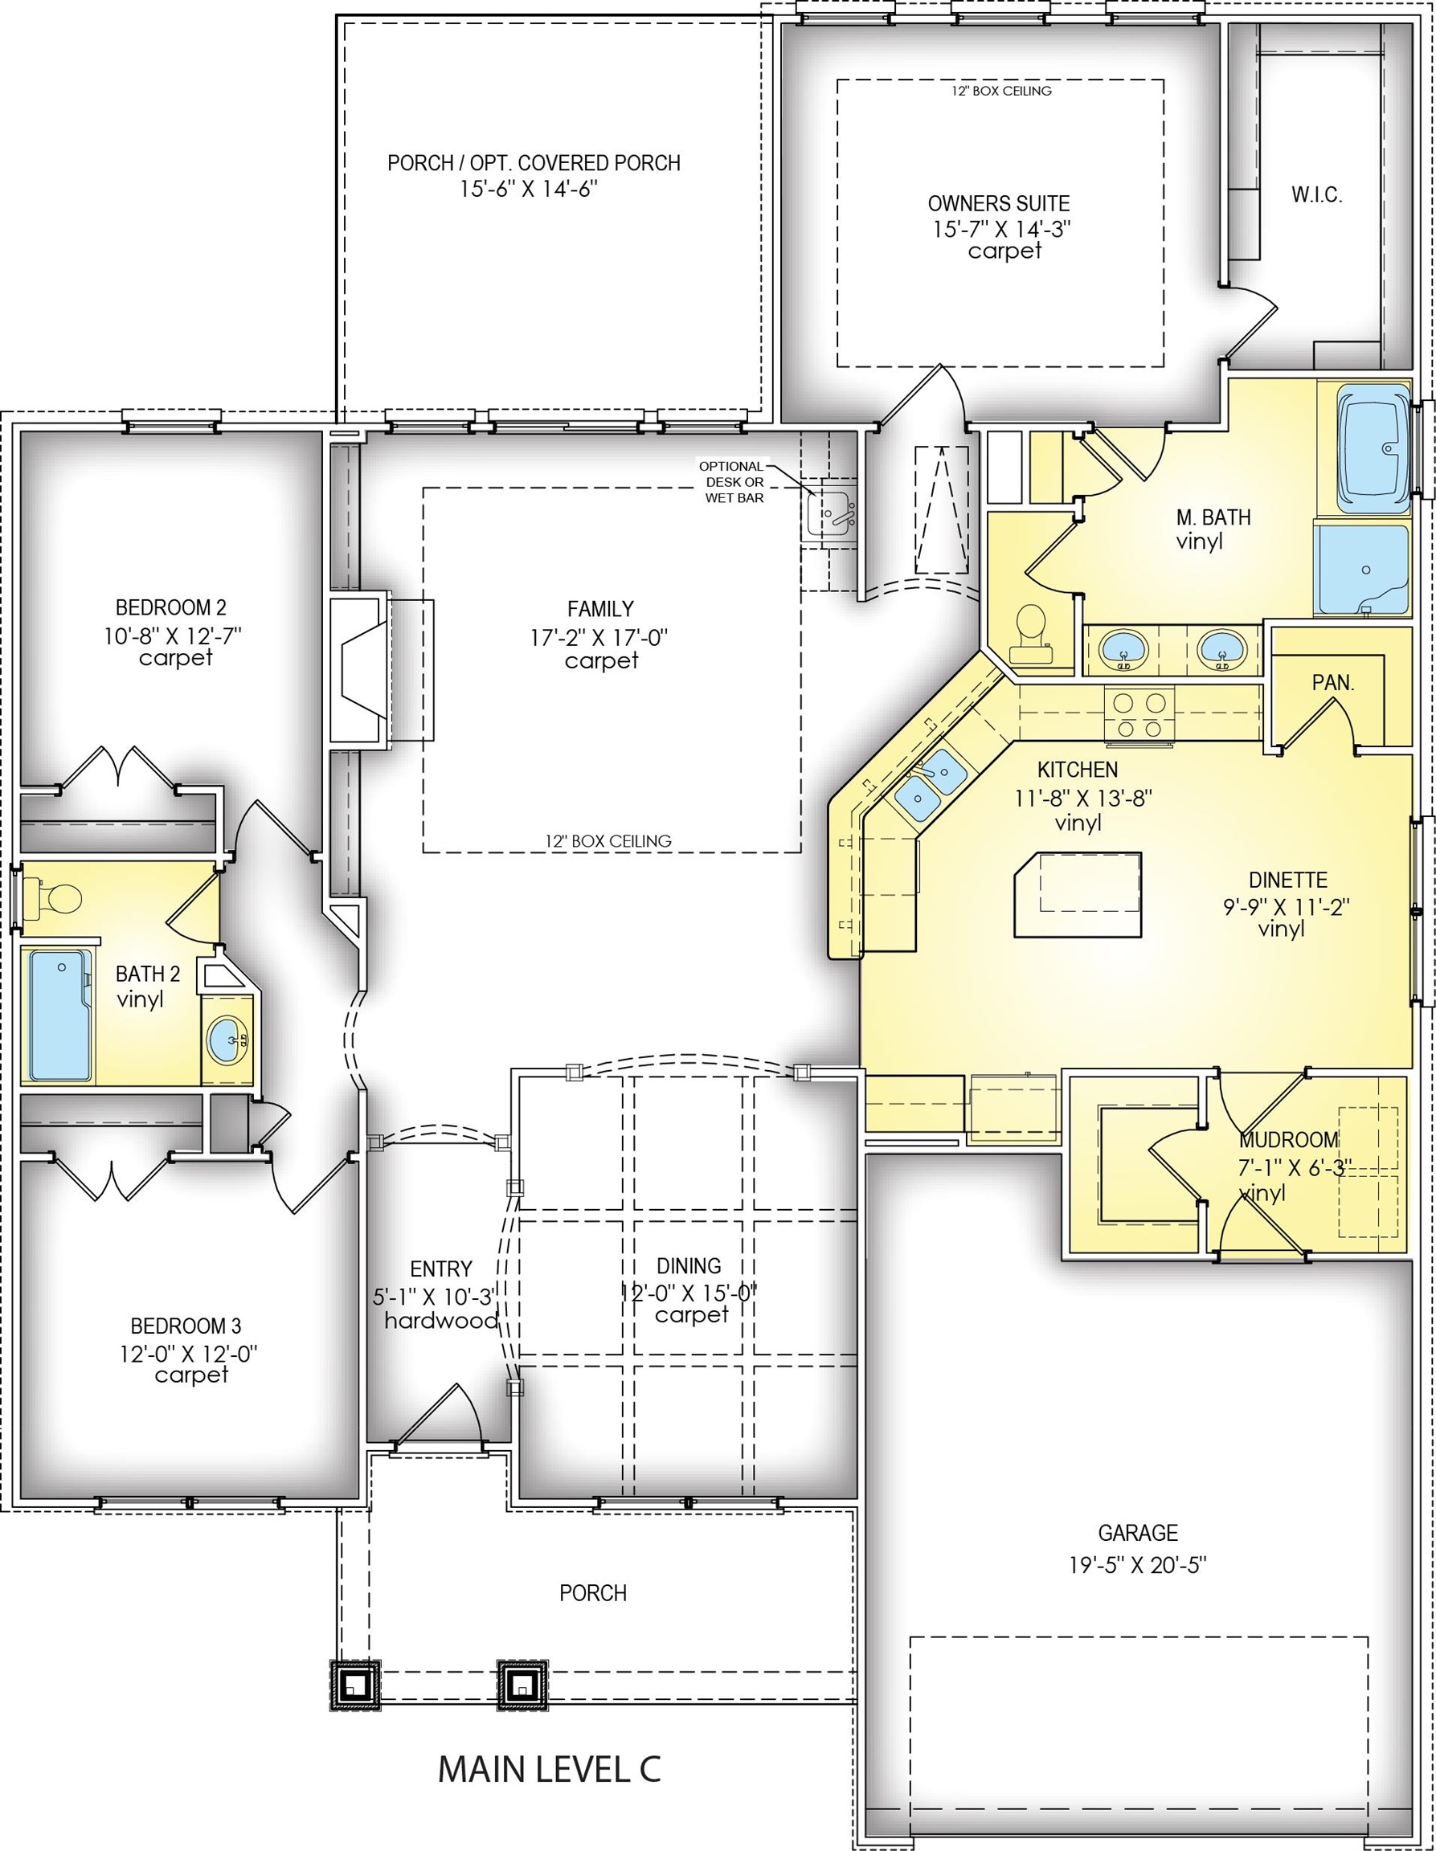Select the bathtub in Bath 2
pyautogui.click(x=60, y=1015)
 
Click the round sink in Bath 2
pyautogui.click(x=228, y=1039)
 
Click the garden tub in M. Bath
pyautogui.click(x=1373, y=448)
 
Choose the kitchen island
pyautogui.click(x=1078, y=895)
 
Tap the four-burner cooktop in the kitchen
pyautogui.click(x=1139, y=714)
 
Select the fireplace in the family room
pyautogui.click(x=382, y=669)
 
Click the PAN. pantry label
pyautogui.click(x=1333, y=683)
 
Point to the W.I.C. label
pyautogui.click(x=1316, y=195)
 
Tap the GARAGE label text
pyautogui.click(x=1138, y=1533)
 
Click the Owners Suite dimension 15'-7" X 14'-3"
pyautogui.click(x=1003, y=229)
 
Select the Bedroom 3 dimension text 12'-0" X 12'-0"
pyautogui.click(x=188, y=1354)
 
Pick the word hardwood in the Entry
pyautogui.click(x=441, y=1321)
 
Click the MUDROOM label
pyautogui.click(x=1290, y=1140)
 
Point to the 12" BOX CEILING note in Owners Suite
pyautogui.click(x=1001, y=91)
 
